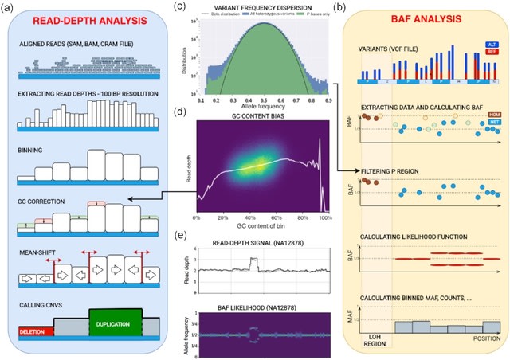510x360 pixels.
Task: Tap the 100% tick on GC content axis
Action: (325, 217)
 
